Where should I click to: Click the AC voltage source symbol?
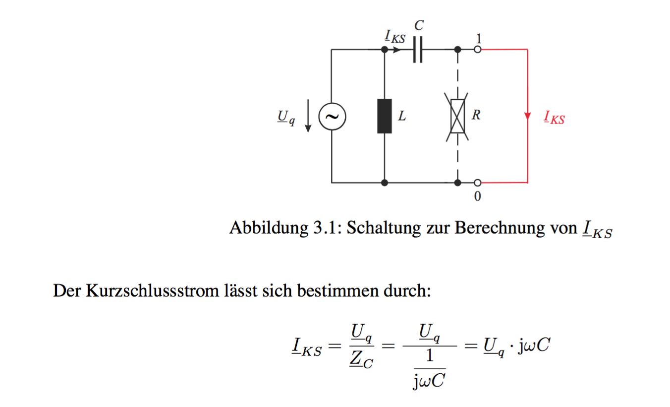pos(332,117)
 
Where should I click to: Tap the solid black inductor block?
pos(385,116)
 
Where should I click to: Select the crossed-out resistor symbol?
pos(457,117)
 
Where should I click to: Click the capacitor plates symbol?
pos(418,50)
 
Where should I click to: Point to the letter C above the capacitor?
pos(419,25)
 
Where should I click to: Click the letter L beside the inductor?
pos(402,116)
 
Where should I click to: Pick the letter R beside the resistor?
pos(476,115)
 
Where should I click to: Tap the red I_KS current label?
pos(554,117)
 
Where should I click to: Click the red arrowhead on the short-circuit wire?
pos(527,116)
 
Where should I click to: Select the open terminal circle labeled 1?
pos(478,50)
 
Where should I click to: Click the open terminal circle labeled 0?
pos(478,183)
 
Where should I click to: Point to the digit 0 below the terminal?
pos(478,197)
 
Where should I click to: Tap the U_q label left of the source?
pos(286,118)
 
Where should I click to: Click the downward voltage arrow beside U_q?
pos(308,116)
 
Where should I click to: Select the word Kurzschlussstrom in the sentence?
pos(153,290)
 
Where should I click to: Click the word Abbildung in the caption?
pos(269,228)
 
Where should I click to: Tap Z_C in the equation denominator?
pos(361,359)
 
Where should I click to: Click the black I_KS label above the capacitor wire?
pos(395,37)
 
